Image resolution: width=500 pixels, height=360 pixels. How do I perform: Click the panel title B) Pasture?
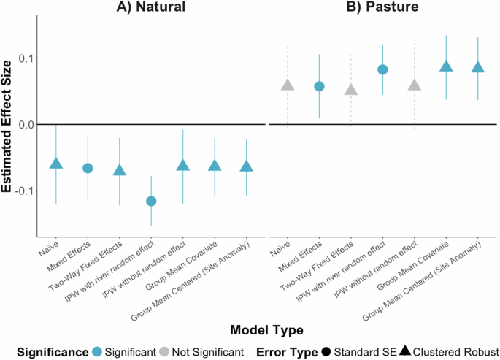pos(382,7)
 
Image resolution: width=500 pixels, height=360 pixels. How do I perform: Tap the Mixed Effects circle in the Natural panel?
pos(88,169)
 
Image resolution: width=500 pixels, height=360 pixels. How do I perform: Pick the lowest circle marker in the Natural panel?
pos(151,201)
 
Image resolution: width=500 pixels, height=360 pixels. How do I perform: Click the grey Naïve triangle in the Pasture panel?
pos(288,85)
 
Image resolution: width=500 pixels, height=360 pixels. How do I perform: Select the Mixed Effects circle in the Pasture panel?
pos(319,86)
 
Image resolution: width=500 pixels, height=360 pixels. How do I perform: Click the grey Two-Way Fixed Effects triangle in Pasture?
pos(351,90)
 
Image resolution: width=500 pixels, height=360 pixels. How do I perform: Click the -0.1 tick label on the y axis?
pos(20,190)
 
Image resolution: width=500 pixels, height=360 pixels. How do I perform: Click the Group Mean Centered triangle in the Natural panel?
pos(247,166)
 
